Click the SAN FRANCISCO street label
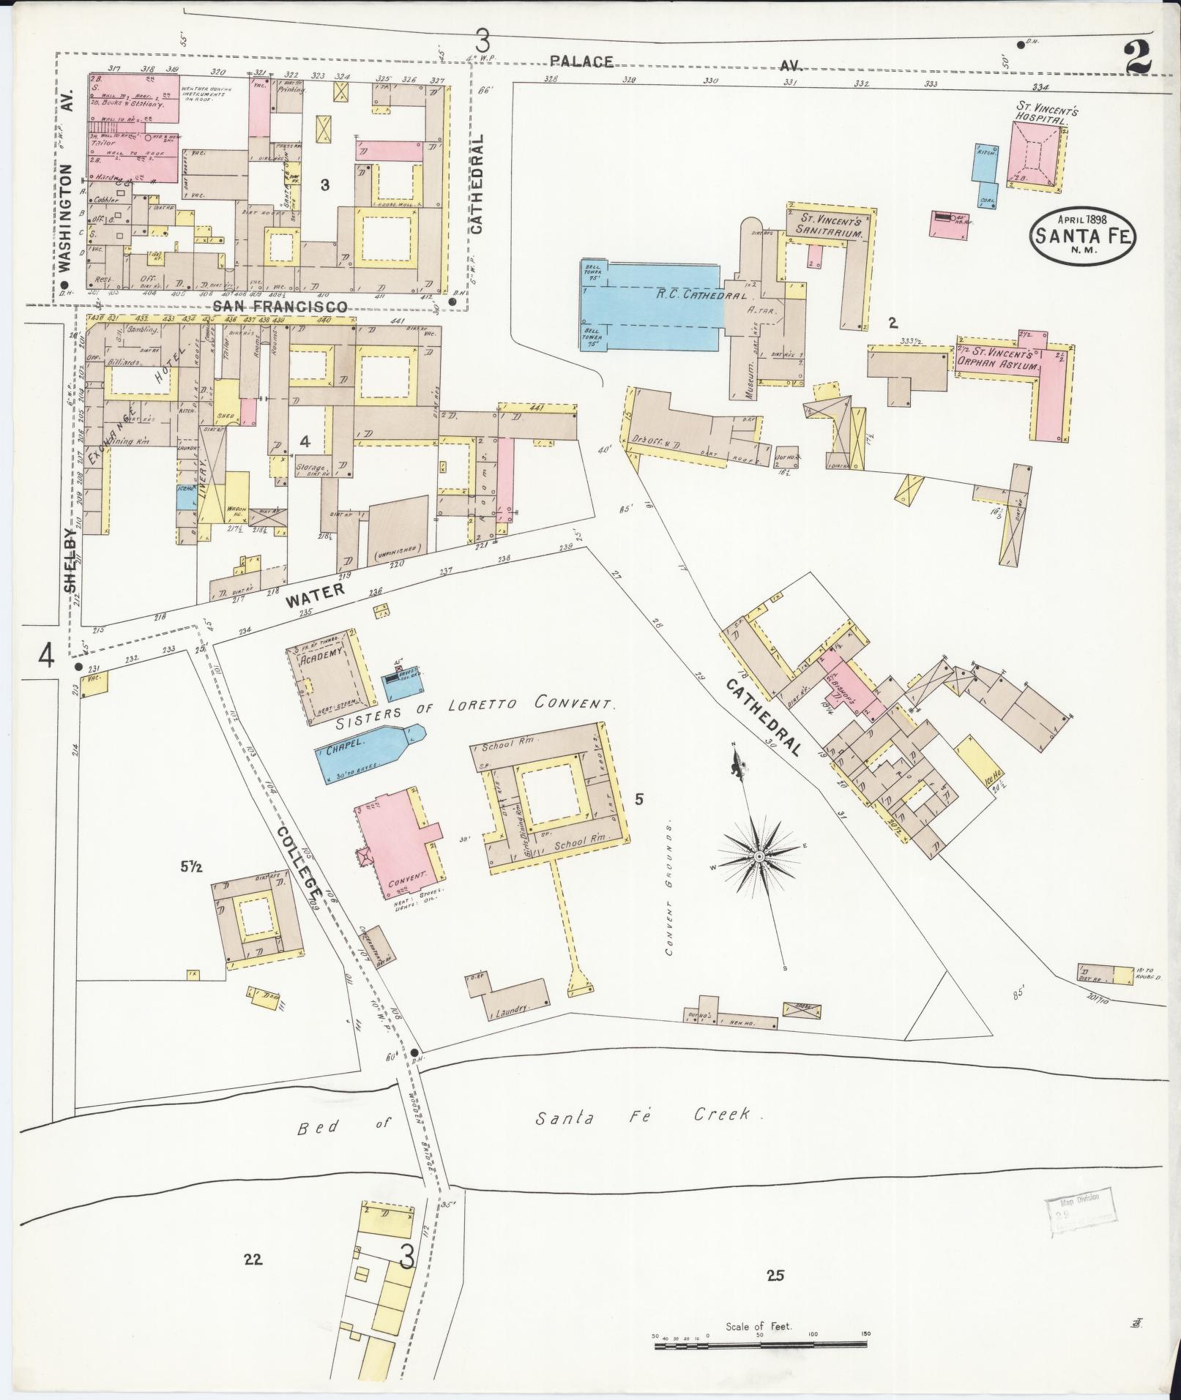[280, 307]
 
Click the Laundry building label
[511, 1011]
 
